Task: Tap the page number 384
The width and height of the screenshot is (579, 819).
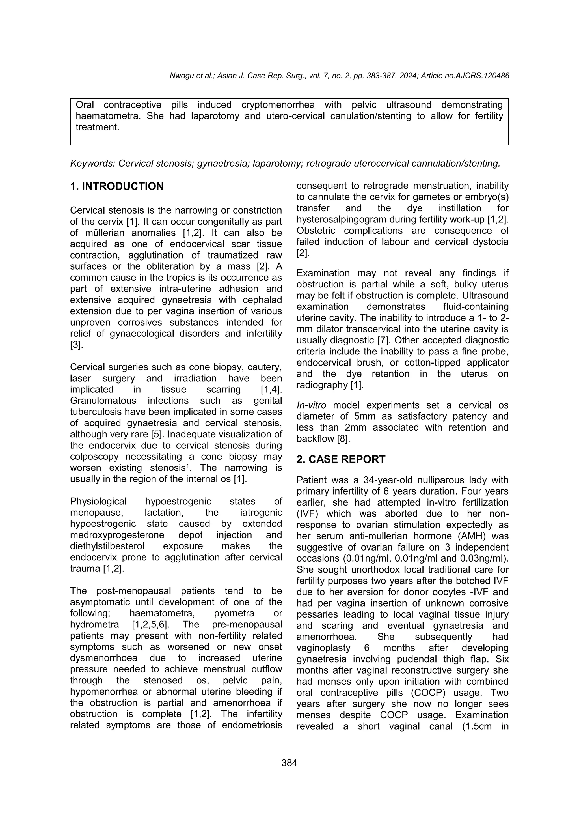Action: (289, 763)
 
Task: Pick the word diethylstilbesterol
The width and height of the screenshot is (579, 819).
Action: (108, 546)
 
